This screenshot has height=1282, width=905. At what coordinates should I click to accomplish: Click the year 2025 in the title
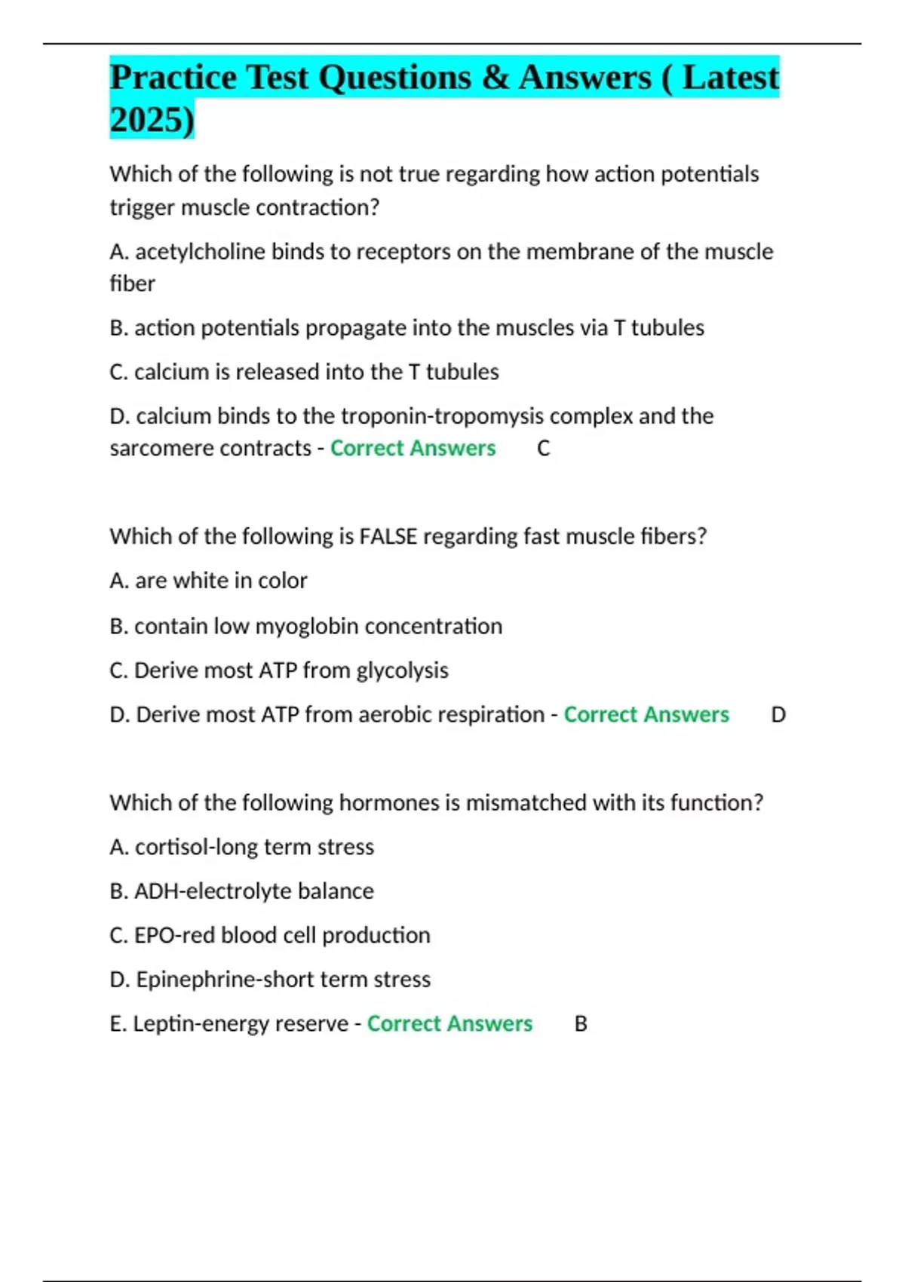[147, 120]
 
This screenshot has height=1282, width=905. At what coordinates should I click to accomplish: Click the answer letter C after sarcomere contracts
[543, 449]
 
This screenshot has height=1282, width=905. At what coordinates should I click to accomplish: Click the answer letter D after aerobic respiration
[778, 715]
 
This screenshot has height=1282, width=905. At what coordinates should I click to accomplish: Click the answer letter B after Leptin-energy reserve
[581, 1024]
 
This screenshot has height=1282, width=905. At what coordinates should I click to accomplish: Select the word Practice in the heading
[173, 78]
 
